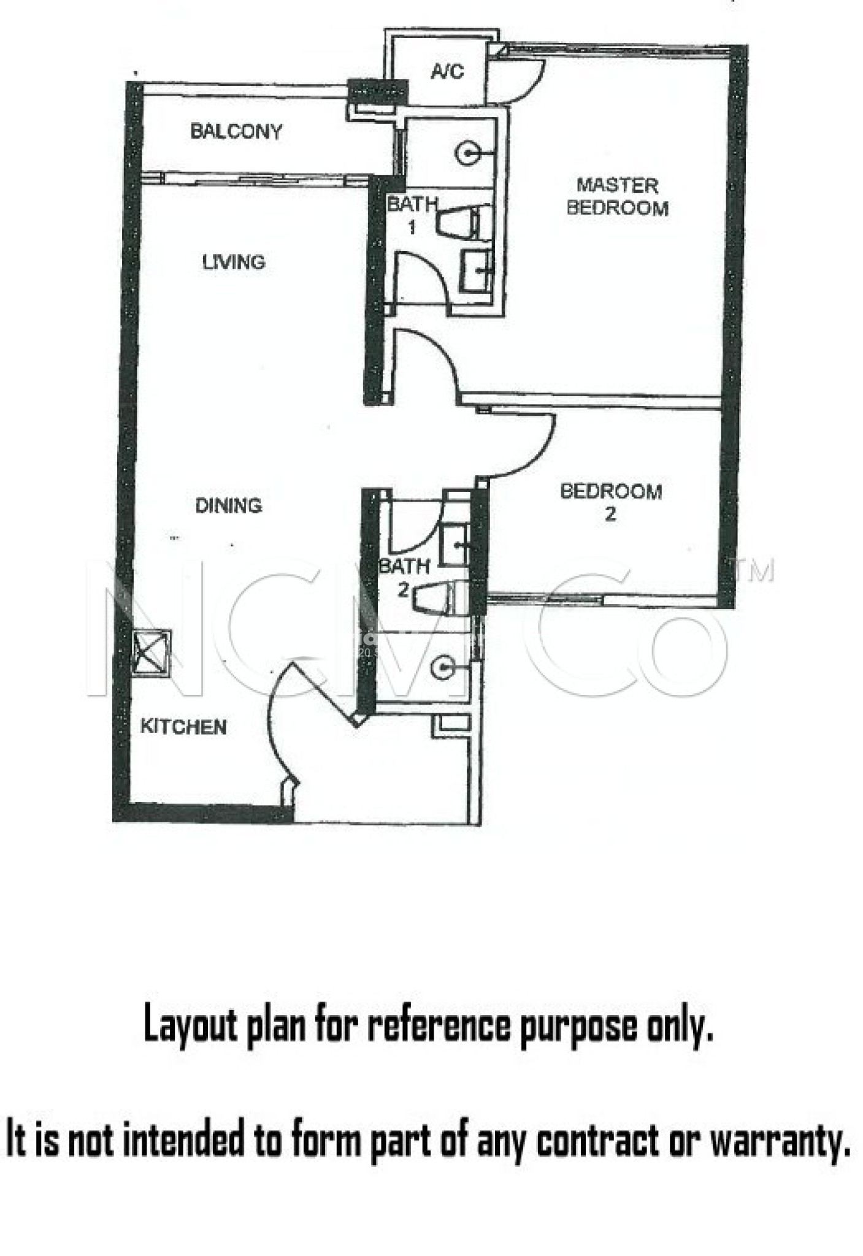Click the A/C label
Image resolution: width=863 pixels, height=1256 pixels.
(447, 72)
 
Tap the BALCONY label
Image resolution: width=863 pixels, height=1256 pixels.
(236, 131)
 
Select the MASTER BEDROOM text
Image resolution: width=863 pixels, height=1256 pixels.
(617, 197)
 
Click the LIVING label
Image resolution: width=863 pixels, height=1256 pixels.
(234, 262)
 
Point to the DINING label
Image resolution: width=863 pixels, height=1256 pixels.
(228, 505)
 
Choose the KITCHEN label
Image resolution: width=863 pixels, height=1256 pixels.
(183, 727)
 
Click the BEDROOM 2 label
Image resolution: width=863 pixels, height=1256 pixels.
(611, 502)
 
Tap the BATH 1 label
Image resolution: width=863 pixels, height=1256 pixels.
(412, 215)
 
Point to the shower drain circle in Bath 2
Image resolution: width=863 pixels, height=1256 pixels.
(442, 667)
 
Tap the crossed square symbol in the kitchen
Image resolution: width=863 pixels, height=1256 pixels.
(152, 653)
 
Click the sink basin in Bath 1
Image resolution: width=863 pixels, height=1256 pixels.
(476, 270)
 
